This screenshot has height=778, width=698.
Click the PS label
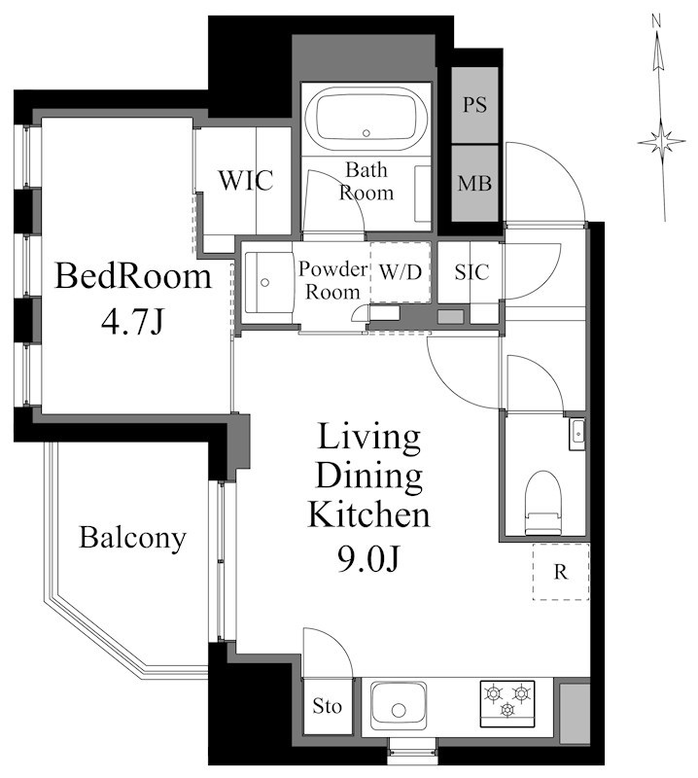(474, 105)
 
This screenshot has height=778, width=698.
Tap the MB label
(474, 183)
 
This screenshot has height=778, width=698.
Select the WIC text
(246, 180)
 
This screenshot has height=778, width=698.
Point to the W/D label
(401, 272)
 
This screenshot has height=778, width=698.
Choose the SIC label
(471, 271)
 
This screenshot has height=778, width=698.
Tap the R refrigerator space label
(561, 572)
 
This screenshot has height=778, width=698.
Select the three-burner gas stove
(507, 703)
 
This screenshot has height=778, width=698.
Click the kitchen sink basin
(399, 705)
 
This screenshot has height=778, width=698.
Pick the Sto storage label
(327, 706)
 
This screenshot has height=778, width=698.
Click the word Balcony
(132, 538)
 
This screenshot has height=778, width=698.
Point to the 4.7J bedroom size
(132, 322)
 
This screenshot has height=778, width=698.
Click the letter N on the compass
(656, 20)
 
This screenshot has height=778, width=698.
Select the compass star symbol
(662, 142)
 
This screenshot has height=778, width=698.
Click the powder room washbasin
(266, 282)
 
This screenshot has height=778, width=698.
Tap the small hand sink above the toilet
(576, 435)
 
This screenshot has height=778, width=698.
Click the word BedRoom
(133, 276)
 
